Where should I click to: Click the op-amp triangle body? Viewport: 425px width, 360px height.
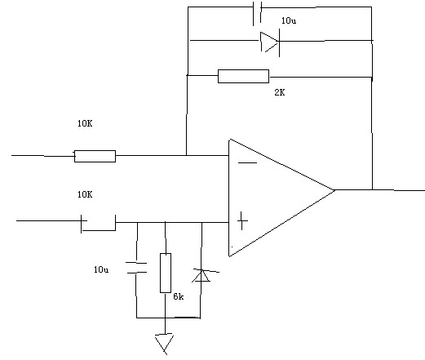click(272, 198)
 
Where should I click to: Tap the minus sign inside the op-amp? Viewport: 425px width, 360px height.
click(247, 162)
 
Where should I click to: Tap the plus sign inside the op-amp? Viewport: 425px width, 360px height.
click(242, 220)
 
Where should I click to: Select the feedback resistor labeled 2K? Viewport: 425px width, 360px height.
click(243, 76)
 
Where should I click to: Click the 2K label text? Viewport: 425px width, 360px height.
click(280, 92)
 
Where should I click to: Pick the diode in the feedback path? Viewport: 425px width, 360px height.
click(270, 42)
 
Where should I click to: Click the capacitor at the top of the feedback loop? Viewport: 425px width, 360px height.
click(257, 13)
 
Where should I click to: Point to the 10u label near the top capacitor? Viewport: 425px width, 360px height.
click(289, 20)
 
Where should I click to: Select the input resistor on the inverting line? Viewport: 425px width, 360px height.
click(95, 156)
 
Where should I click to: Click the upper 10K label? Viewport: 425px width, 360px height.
click(85, 123)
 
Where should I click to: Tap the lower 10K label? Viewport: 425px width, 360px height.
click(85, 194)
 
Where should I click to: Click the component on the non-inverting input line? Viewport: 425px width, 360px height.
click(98, 224)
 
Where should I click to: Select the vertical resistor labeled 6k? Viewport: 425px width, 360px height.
click(166, 273)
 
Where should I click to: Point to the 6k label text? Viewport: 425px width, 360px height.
click(179, 296)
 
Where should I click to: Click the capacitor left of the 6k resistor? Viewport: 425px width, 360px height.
click(136, 268)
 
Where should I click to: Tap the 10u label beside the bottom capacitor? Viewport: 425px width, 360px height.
click(101, 269)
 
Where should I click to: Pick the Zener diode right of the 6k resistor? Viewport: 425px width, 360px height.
click(202, 275)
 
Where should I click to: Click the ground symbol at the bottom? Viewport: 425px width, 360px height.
click(165, 344)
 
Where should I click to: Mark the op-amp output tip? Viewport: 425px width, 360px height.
click(334, 190)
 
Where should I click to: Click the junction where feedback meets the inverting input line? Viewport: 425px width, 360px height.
click(187, 155)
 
